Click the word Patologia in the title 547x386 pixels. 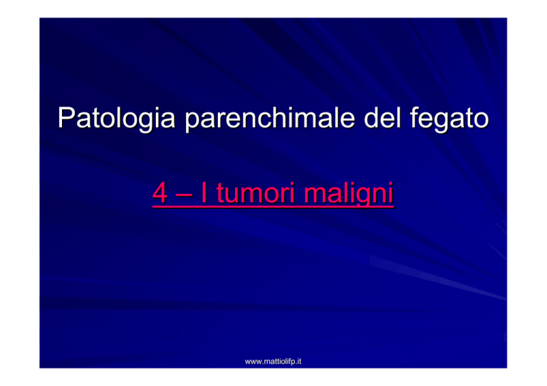pos(117,119)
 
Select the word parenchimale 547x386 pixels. pos(269,119)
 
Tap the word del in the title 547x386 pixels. pos(382,117)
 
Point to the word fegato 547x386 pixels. pos(449,119)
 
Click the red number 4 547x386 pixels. pos(160,193)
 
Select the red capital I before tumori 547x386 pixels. pos(204,193)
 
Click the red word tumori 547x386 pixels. pos(256,193)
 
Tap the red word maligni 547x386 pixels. pos(349,194)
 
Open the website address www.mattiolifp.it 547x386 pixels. pos(273,362)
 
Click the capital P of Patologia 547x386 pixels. pos(66,117)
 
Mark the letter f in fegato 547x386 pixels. pos(415,117)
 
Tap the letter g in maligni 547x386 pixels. pos(365,198)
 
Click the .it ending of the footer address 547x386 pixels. pos(298,362)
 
